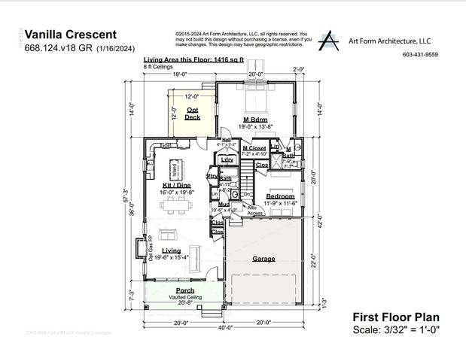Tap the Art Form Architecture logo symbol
329,41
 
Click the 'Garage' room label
263,258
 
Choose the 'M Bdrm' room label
256,120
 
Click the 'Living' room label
172,250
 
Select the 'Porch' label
185,290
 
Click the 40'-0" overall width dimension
226,328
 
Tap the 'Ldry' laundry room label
227,159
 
